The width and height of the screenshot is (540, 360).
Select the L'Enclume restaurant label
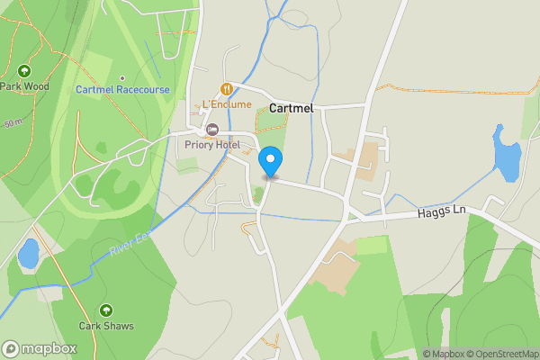tap(227, 104)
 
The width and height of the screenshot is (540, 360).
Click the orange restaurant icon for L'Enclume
tap(226, 89)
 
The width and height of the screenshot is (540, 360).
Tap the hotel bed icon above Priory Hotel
tap(213, 130)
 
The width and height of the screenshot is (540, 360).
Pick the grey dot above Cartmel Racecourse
tap(121, 78)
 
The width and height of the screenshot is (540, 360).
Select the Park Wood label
tap(24, 86)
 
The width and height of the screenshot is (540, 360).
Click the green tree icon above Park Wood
tap(24, 71)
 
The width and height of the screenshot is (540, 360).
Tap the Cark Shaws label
tap(106, 326)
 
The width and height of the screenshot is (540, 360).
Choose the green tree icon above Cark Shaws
tap(106, 310)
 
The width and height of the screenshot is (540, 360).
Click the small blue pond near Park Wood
tap(29, 254)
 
